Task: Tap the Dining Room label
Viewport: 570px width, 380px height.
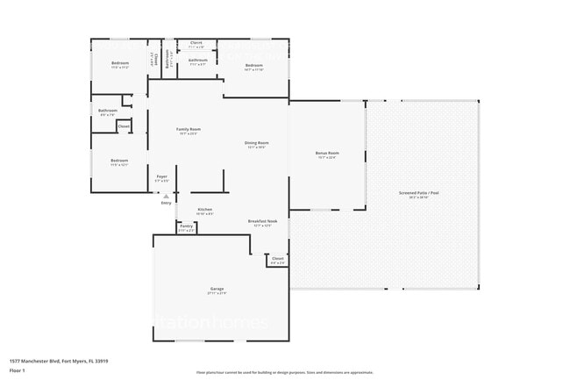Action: pyautogui.click(x=256, y=144)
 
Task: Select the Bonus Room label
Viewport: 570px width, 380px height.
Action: pyautogui.click(x=326, y=154)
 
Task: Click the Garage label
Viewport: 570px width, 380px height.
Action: pyautogui.click(x=217, y=289)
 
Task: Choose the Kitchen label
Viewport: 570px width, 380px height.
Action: pyautogui.click(x=204, y=210)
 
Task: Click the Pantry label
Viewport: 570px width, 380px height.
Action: pyautogui.click(x=186, y=226)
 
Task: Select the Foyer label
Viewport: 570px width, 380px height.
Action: pyautogui.click(x=161, y=177)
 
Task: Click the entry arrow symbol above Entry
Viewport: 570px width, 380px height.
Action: pyautogui.click(x=167, y=196)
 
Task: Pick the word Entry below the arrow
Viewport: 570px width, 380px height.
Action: pyautogui.click(x=166, y=204)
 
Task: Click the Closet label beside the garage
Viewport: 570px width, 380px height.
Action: pyautogui.click(x=277, y=259)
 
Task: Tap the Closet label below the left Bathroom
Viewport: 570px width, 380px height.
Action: pyautogui.click(x=124, y=125)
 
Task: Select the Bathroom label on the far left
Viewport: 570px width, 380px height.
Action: pyautogui.click(x=107, y=111)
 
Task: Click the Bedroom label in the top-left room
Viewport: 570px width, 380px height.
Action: pyautogui.click(x=120, y=63)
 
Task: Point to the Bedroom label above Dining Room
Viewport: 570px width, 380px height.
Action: pyautogui.click(x=254, y=66)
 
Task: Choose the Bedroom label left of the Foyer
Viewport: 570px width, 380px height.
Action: pyautogui.click(x=119, y=161)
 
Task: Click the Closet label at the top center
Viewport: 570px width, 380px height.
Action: pyautogui.click(x=196, y=42)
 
